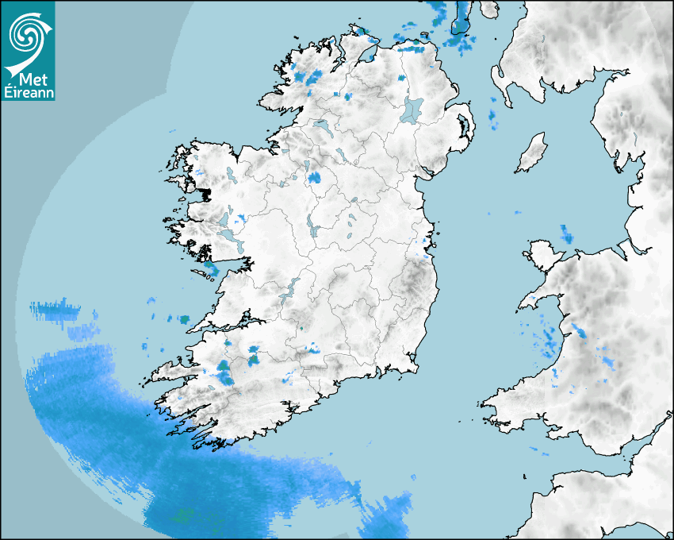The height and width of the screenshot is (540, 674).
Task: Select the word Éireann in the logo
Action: coord(29,93)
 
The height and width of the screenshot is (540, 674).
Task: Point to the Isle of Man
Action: coord(532,153)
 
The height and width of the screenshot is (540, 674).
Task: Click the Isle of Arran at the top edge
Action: coord(461,20)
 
